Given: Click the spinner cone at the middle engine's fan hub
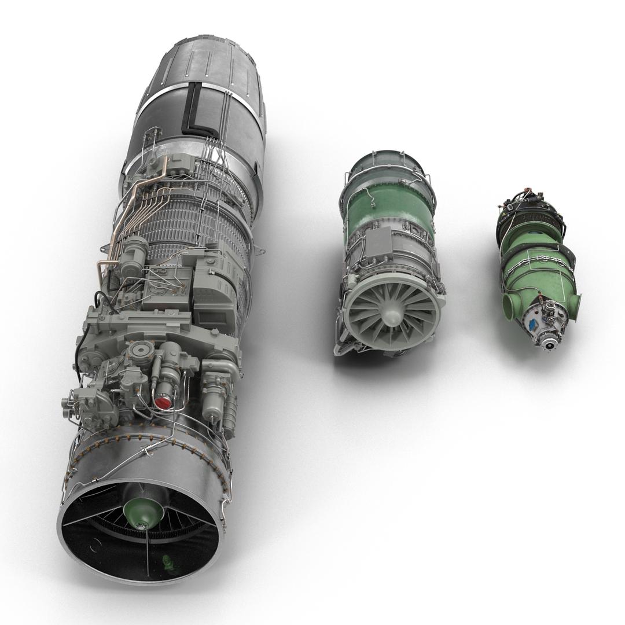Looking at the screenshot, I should [x=391, y=316].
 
